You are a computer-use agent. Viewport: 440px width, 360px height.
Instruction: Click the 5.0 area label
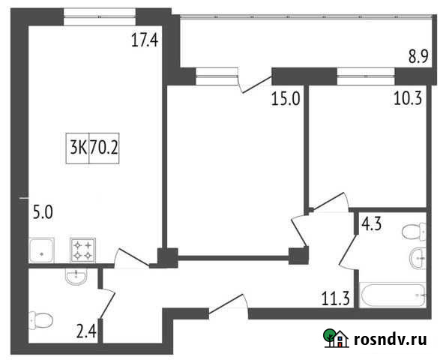42,212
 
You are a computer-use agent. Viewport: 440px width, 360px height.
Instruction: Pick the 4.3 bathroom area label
373,223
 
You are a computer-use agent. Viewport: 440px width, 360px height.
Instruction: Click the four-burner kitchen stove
82,250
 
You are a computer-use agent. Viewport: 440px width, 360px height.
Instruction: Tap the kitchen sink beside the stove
41,250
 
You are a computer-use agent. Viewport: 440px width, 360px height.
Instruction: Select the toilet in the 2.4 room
40,321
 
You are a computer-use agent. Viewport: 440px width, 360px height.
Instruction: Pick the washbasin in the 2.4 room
76,277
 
